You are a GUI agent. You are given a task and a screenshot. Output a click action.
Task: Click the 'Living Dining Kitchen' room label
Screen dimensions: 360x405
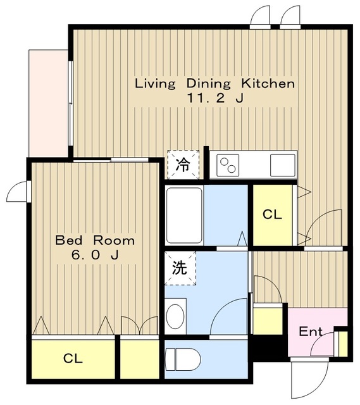(215, 84)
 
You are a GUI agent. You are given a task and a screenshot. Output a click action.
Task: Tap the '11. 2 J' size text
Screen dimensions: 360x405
(215, 98)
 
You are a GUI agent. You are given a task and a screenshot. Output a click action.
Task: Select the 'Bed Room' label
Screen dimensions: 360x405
(95, 240)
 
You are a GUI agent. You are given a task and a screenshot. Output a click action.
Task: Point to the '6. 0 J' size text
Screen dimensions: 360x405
(95, 255)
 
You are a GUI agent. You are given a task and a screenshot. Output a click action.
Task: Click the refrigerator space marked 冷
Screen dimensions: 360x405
(183, 165)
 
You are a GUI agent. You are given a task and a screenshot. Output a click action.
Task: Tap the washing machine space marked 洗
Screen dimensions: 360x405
(180, 268)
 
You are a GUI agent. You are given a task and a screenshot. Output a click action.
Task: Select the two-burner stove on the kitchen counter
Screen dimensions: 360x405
(228, 165)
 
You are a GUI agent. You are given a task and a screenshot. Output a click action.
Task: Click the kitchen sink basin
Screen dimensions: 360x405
(283, 165)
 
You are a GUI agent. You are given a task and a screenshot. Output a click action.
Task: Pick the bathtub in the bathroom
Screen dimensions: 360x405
(184, 215)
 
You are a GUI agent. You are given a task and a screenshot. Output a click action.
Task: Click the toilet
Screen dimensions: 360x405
(183, 359)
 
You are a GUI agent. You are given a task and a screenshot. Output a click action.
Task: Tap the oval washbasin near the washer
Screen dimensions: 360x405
(175, 316)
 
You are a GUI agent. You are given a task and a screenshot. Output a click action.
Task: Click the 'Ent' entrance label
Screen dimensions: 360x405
(311, 332)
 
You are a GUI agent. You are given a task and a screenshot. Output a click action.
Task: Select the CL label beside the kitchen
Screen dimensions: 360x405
(272, 215)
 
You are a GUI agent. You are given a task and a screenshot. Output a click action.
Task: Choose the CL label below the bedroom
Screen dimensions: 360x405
(73, 358)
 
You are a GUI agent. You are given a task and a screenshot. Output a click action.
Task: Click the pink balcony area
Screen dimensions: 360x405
(48, 103)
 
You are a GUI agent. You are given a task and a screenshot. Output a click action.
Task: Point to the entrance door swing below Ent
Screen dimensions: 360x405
(309, 380)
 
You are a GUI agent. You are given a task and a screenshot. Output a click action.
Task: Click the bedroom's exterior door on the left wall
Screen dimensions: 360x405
(18, 191)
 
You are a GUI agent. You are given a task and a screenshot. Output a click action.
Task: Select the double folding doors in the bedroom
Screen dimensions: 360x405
(139, 325)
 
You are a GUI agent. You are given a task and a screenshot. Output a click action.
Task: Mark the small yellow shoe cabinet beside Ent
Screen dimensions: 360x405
(343, 344)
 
